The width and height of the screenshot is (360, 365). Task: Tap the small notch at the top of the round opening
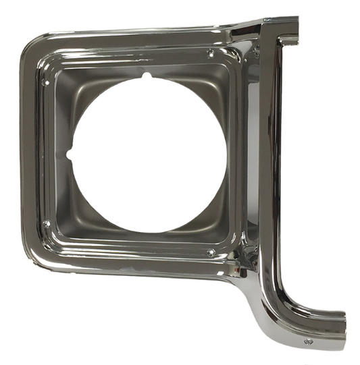pyautogui.click(x=147, y=77)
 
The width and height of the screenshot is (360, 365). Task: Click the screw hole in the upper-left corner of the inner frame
pyautogui.click(x=46, y=82)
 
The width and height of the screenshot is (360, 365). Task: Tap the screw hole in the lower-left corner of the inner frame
pyautogui.click(x=47, y=223)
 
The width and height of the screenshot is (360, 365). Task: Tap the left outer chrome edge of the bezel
pyautogui.click(x=26, y=155)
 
